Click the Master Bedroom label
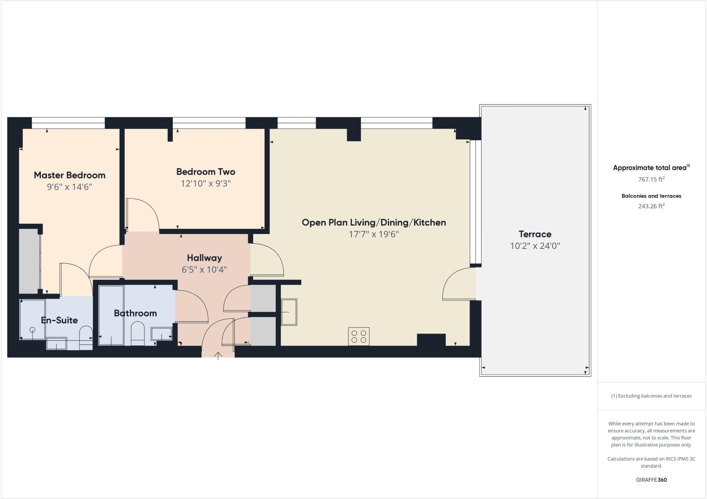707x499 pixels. [x=69, y=175]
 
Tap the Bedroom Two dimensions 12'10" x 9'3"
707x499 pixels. [x=206, y=183]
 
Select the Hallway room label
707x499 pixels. [x=204, y=258]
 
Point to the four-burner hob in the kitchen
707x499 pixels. [x=359, y=336]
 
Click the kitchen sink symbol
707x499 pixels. [x=289, y=312]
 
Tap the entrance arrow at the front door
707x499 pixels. [x=218, y=355]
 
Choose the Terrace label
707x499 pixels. [x=535, y=234]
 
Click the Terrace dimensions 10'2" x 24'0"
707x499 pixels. [x=535, y=246]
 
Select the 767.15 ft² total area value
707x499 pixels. [x=651, y=179]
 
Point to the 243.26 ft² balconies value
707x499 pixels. [x=651, y=206]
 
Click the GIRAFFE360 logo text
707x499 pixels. [x=651, y=480]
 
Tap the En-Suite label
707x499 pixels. [x=59, y=320]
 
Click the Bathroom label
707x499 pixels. [x=135, y=313]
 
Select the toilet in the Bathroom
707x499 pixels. [x=137, y=333]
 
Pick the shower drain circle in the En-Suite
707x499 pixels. [x=32, y=330]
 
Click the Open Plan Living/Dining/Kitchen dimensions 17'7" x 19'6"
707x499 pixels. [x=374, y=234]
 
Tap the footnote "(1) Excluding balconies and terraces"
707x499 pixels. [x=651, y=396]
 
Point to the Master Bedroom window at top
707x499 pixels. [x=68, y=123]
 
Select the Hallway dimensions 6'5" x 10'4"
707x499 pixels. [x=204, y=270]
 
